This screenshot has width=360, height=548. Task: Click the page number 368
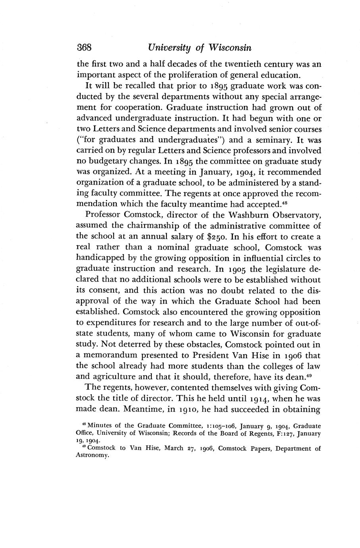[84, 48]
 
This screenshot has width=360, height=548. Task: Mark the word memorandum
[113, 355]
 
